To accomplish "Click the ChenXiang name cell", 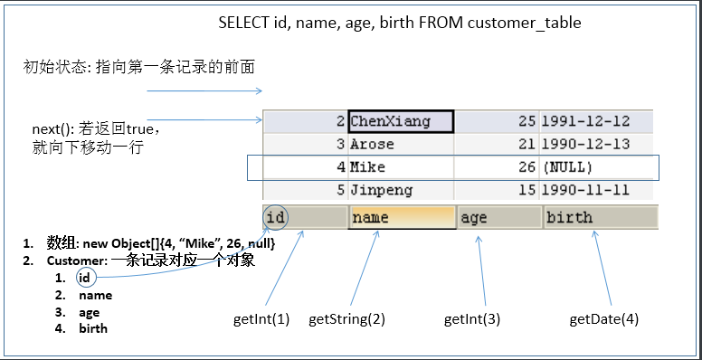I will tap(400, 121).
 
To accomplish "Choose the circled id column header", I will tap(277, 217).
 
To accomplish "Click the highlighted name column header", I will tap(401, 217).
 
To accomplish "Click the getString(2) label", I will tap(346, 319).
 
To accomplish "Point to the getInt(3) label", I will tap(471, 319).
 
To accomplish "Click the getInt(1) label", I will tap(261, 319).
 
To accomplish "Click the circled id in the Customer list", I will tap(84, 278).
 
